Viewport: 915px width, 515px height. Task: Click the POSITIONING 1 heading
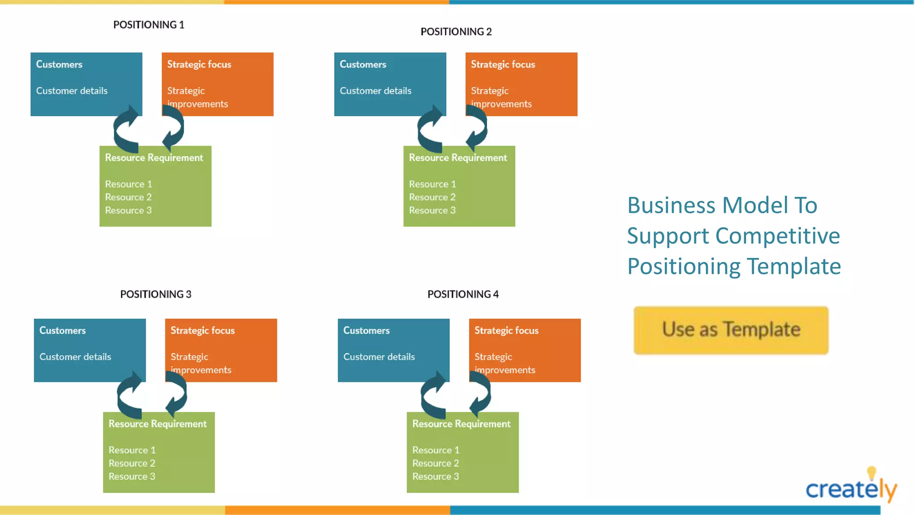[148, 25]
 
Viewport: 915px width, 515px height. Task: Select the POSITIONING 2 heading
[456, 32]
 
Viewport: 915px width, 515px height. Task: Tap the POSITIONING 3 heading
[155, 294]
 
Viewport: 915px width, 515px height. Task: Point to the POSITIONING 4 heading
[463, 294]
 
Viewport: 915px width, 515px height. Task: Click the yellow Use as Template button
[731, 330]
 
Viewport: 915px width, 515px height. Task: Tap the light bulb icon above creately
[871, 473]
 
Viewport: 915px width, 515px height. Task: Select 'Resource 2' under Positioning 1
[128, 197]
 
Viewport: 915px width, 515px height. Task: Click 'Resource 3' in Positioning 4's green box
[436, 477]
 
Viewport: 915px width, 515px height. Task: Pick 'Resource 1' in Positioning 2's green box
[432, 184]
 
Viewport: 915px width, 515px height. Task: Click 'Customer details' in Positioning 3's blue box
[75, 357]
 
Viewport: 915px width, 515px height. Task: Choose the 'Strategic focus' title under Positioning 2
[503, 64]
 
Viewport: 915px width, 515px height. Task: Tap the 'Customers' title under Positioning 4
[366, 330]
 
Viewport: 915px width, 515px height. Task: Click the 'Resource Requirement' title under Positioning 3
[157, 424]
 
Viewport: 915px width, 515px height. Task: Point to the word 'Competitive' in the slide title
[777, 236]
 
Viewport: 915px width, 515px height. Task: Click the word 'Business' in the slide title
[671, 206]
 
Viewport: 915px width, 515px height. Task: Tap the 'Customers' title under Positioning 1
[59, 64]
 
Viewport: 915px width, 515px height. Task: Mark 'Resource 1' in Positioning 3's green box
[132, 450]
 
